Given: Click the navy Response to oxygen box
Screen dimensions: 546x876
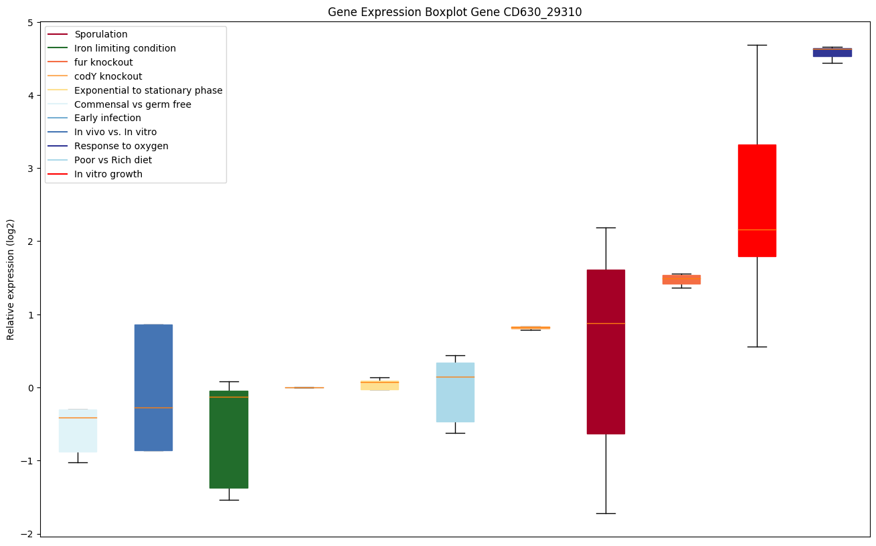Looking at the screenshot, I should coord(832,52).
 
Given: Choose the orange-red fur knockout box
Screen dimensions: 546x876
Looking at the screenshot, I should coord(681,279).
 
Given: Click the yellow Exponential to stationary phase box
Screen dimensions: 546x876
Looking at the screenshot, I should coord(379,385).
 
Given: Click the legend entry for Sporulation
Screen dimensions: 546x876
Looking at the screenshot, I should coord(101,34).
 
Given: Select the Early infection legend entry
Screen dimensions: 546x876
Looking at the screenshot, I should coord(108,118).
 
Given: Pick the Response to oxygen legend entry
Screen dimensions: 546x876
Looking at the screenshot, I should coord(121,147).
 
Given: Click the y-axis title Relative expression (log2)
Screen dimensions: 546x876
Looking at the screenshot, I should coord(11,279).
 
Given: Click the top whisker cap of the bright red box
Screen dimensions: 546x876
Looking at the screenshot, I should coord(757,45).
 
